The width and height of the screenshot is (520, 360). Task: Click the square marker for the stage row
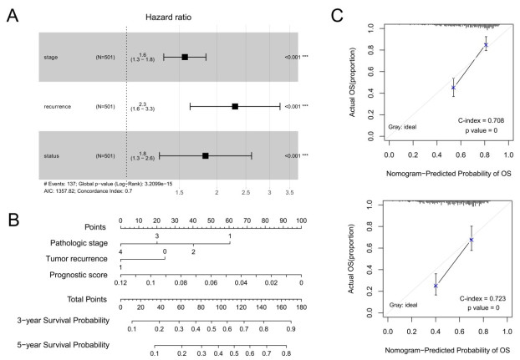point(185,57)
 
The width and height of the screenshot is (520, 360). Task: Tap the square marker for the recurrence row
point(235,106)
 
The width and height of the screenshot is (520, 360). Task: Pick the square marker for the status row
point(206,155)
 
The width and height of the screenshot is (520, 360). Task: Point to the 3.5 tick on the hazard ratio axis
point(289,191)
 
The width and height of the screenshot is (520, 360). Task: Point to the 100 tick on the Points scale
point(301,221)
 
